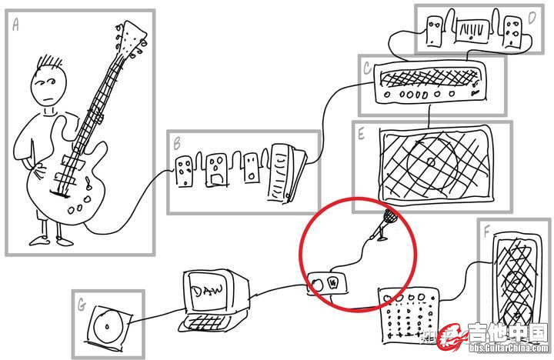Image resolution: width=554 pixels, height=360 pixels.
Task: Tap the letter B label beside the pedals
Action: [x=177, y=144]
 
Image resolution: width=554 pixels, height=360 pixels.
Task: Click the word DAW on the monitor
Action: [x=206, y=292]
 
